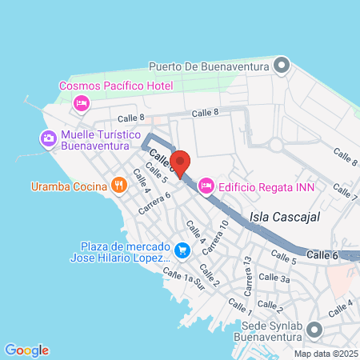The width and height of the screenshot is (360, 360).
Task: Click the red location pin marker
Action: point(181,162)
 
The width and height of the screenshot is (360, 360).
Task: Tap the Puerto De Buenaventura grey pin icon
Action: point(281,66)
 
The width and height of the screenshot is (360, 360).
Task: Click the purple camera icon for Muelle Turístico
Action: point(49,139)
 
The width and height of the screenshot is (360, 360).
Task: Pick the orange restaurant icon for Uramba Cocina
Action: point(118,186)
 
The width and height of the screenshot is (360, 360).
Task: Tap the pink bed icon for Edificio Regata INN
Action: point(205,186)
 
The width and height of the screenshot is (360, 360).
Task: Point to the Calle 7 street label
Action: point(346,192)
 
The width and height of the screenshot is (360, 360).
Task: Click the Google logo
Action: point(26,350)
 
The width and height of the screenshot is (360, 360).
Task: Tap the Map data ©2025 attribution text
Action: point(325,354)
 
